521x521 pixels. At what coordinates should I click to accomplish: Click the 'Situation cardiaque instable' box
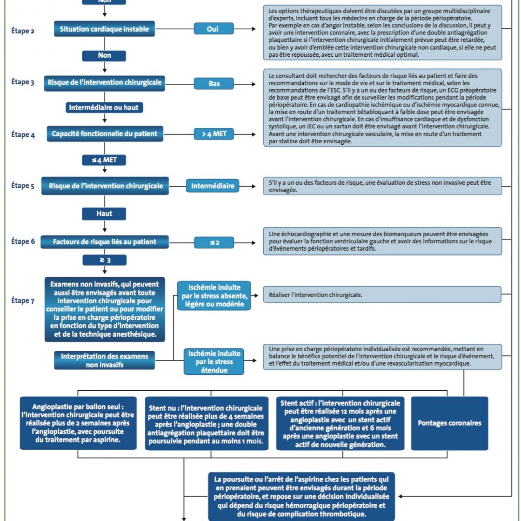[104, 29]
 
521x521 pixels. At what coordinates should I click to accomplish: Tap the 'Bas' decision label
[214, 84]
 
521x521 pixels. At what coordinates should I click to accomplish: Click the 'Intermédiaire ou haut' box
[104, 107]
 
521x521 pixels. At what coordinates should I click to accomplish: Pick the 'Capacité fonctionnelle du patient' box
[105, 134]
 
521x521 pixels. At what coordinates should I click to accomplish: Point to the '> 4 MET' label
[214, 134]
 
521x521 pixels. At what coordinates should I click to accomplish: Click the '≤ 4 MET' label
[104, 160]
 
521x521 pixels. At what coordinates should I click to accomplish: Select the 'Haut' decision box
[104, 214]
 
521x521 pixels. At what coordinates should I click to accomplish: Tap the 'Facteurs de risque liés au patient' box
[105, 242]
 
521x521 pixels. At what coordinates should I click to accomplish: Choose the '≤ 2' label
[214, 242]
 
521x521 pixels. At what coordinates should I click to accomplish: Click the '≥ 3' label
[104, 260]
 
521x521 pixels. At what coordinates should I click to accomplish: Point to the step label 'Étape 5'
[23, 186]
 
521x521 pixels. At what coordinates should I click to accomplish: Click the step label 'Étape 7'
[23, 301]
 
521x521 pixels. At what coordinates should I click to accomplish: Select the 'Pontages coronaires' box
[449, 423]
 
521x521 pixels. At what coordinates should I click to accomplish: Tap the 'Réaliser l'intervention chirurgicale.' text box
[382, 295]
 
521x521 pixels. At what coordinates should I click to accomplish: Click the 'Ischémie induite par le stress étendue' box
[214, 362]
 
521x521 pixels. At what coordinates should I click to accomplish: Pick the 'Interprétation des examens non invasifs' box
[104, 361]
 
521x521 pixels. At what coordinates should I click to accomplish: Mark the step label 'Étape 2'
[23, 31]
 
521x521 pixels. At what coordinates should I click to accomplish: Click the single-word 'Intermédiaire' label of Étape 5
[213, 186]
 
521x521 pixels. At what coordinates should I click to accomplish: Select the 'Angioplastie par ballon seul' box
[78, 423]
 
